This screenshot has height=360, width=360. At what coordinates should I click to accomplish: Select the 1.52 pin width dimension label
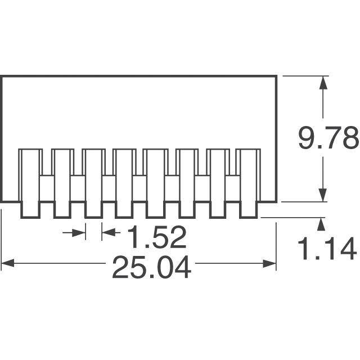[x=156, y=237]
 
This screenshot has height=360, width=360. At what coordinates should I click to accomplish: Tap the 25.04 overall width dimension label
[x=151, y=267]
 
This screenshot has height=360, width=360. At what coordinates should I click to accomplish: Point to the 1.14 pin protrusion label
[x=327, y=249]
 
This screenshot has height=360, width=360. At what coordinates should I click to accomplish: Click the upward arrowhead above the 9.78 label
[x=323, y=83]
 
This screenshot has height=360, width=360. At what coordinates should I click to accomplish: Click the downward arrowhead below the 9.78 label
[x=323, y=195]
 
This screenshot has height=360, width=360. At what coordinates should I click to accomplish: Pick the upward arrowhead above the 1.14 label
[x=321, y=224]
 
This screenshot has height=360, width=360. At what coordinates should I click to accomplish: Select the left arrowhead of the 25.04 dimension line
[x=8, y=263]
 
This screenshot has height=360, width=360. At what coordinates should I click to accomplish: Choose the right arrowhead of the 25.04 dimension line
[x=269, y=264]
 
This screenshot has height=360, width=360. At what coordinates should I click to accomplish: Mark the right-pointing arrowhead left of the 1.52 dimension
[x=79, y=232]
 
